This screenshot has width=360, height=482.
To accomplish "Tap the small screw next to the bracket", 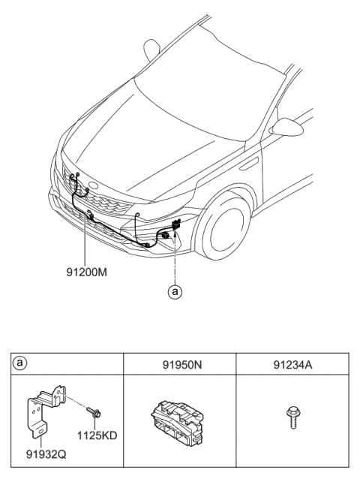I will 97,411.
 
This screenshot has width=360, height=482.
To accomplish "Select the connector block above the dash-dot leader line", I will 177,224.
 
